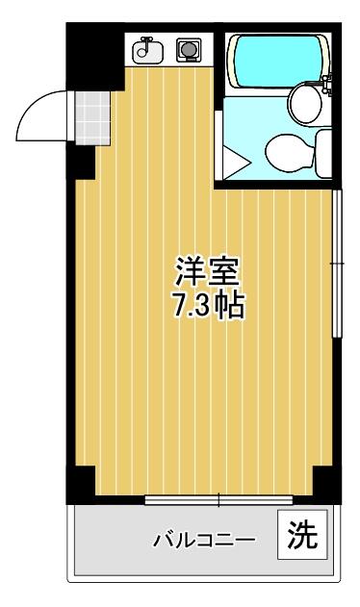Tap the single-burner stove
click(186, 50)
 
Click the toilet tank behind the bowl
click(322, 150)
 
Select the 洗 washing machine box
click(302, 534)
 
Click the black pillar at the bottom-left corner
click(81, 483)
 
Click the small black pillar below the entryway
click(84, 164)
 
